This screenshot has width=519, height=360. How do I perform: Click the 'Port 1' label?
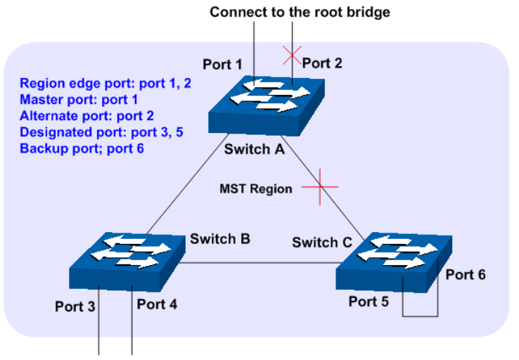(223, 65)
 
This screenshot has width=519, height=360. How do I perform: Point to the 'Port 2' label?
(322, 63)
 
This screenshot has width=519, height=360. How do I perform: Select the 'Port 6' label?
(465, 274)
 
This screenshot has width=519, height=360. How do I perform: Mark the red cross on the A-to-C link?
(320, 187)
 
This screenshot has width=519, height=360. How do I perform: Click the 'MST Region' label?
(255, 188)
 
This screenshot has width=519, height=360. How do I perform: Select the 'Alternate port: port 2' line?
(86, 115)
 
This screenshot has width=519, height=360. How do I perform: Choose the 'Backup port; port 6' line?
(82, 148)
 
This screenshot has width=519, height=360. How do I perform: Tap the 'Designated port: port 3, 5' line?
(101, 132)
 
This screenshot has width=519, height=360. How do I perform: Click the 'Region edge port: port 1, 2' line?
(105, 83)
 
